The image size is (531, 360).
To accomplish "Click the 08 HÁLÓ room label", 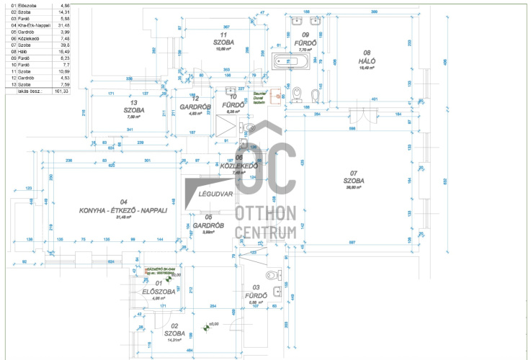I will pos(366,57).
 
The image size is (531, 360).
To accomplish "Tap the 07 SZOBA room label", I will pos(354,177).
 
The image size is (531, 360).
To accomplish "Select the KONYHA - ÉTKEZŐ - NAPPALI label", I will pos(123,206).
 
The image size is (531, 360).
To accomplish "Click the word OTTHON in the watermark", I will pos(266,213).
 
